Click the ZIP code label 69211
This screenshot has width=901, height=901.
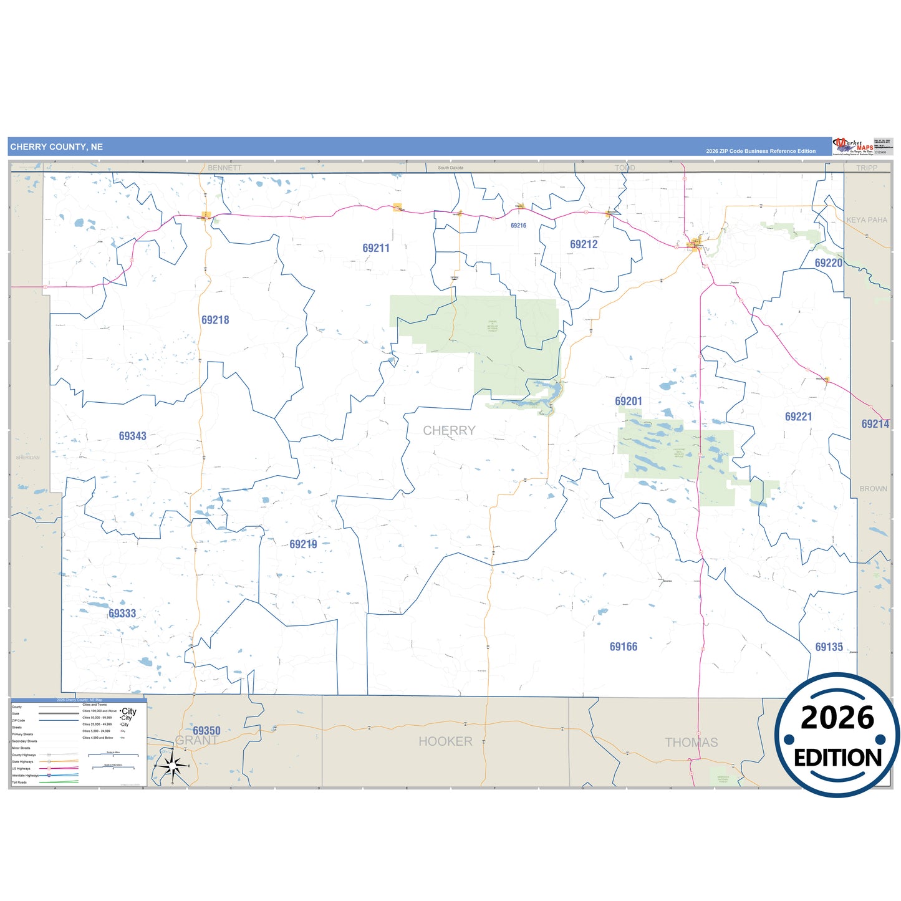[x=376, y=248]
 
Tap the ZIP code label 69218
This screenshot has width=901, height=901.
[x=215, y=320]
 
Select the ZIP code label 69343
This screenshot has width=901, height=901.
[x=133, y=436]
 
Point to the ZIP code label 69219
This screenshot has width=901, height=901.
[x=303, y=544]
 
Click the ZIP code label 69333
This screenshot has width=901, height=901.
[x=122, y=614]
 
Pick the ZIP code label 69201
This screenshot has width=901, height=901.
[x=629, y=402]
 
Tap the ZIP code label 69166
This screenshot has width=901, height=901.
[x=624, y=647]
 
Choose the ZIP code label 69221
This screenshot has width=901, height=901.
[x=798, y=417]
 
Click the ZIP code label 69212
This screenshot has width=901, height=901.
[x=584, y=244]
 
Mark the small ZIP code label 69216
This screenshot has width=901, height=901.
[x=518, y=226]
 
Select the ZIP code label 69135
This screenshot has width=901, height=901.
[x=829, y=647]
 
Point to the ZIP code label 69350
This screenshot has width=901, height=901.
[x=206, y=731]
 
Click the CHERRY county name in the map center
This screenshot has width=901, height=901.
[x=449, y=430]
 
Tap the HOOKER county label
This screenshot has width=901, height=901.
[x=445, y=741]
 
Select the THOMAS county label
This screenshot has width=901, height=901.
[x=691, y=743]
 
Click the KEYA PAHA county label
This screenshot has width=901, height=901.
[x=867, y=220]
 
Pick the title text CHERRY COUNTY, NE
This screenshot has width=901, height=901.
[x=57, y=147]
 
